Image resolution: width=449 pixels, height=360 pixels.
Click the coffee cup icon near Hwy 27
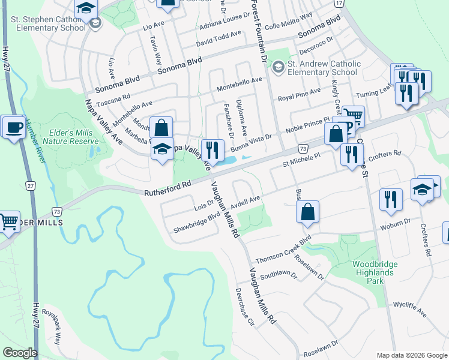[13, 127]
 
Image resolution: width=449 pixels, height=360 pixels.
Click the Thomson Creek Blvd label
[283, 250]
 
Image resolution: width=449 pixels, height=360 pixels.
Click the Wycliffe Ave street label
[409, 309]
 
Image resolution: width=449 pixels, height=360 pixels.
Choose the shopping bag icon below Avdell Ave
[307, 212]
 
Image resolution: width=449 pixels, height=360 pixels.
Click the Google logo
[20, 353]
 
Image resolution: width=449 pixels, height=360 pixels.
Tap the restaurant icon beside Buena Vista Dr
[212, 148]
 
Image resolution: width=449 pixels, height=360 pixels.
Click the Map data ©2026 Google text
[411, 355]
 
